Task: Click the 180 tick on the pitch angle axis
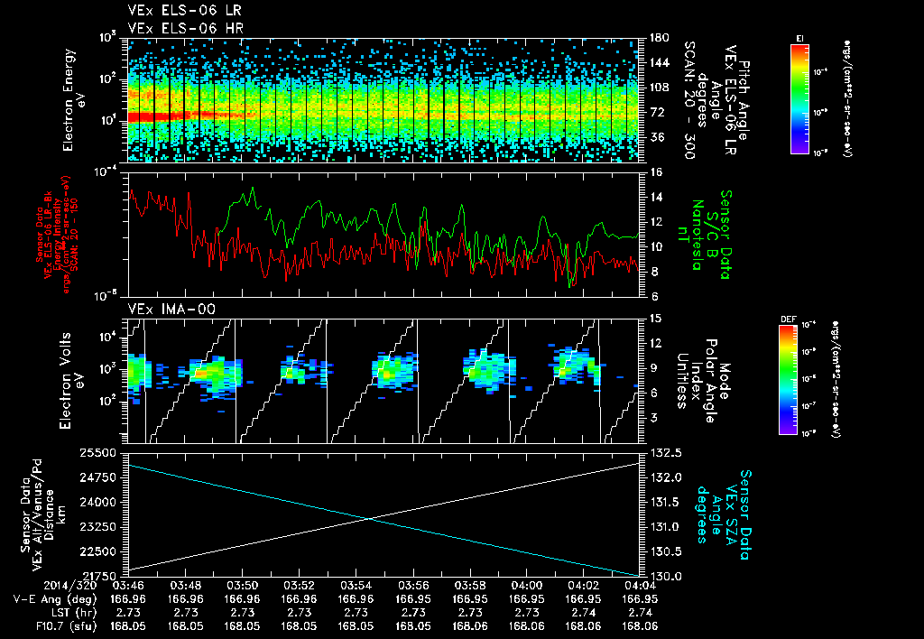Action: pos(654,38)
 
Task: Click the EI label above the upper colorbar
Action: pos(799,37)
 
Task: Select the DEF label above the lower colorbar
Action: pos(787,319)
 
